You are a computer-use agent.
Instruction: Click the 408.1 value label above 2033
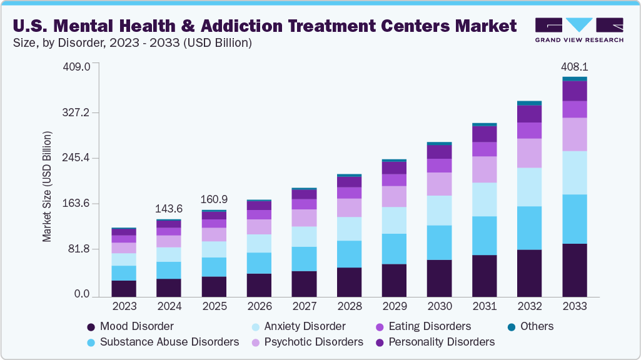[x=574, y=66]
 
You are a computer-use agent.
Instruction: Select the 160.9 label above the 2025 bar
[x=214, y=199]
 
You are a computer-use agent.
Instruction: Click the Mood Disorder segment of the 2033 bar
[x=574, y=270]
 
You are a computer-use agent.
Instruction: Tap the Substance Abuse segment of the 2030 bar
[x=439, y=242]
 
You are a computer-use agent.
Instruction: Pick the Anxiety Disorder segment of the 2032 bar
[x=529, y=187]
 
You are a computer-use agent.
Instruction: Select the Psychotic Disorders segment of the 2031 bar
[x=484, y=169]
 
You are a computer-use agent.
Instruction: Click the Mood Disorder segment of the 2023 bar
[x=124, y=288]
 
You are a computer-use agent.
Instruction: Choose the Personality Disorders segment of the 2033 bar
[x=574, y=91]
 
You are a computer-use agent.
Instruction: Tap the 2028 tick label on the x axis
[x=349, y=306]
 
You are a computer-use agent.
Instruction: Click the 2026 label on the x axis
[x=259, y=306]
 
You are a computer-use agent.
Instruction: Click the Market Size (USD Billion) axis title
[x=47, y=186]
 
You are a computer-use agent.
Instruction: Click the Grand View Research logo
[x=578, y=30]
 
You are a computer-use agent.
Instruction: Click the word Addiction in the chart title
[x=223, y=26]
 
